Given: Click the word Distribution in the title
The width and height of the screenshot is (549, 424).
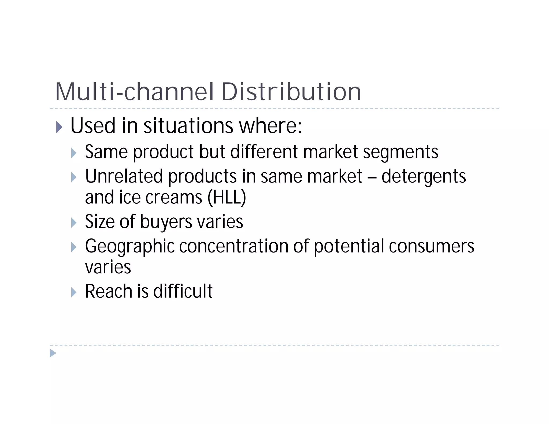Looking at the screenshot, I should point(291,92).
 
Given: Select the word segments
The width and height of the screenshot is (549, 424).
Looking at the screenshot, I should point(400,152).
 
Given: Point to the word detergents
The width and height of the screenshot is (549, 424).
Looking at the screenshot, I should point(424,177).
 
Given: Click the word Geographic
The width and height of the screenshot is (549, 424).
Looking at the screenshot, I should point(130,246).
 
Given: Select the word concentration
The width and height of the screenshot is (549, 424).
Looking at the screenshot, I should point(233,246).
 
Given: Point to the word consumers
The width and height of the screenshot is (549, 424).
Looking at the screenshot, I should point(432,246).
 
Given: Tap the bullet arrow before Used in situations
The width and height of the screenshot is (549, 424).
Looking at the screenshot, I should point(59,127).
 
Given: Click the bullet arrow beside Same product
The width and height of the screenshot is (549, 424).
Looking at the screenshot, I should point(74,153).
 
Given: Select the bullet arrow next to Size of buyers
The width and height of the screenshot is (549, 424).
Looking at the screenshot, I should point(74,222).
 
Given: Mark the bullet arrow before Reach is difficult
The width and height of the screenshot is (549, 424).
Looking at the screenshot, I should point(74,292).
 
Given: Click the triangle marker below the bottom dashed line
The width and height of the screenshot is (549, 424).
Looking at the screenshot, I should point(53,353).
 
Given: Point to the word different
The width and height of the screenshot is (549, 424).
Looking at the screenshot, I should point(264,152).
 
